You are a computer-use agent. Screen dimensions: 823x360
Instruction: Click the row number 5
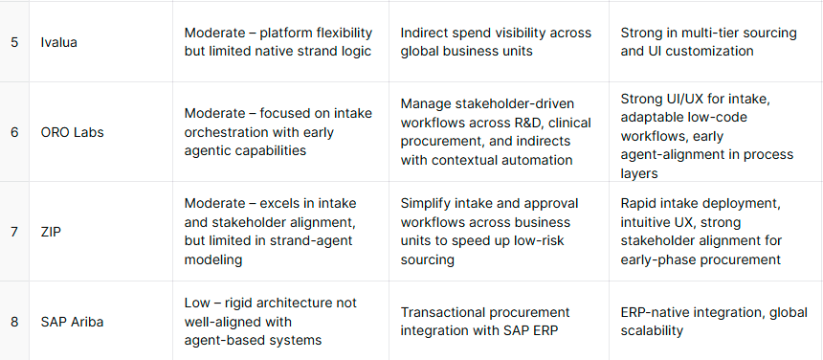click(14, 42)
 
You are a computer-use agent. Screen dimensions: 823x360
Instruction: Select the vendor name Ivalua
click(58, 42)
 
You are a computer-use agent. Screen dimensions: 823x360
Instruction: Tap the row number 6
click(14, 132)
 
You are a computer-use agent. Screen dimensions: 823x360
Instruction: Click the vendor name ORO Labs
click(73, 132)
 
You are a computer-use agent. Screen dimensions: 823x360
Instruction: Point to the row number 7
click(14, 232)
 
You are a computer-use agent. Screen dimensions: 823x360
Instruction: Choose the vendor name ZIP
click(51, 232)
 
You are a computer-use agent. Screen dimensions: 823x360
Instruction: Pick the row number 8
click(14, 322)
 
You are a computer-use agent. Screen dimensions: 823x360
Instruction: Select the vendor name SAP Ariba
click(72, 322)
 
